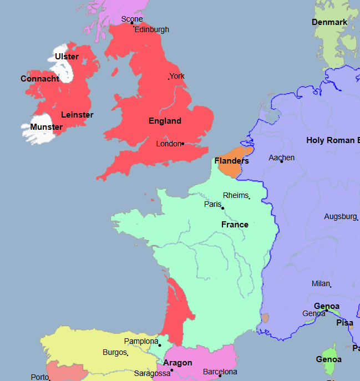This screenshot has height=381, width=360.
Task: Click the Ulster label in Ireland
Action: click(x=67, y=57)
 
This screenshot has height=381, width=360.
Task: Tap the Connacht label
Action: click(x=40, y=79)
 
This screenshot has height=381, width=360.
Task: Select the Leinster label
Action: click(x=77, y=115)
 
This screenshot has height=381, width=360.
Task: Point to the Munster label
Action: click(x=47, y=127)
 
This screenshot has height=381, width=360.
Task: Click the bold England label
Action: click(x=165, y=121)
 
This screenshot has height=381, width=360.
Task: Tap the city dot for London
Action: click(x=182, y=144)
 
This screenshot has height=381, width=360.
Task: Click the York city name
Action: click(x=178, y=76)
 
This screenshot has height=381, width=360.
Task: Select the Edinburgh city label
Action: click(x=151, y=29)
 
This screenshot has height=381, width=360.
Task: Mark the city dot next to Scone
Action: click(x=132, y=23)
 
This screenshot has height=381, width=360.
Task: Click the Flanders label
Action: click(x=231, y=161)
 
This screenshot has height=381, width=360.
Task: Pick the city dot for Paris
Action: click(x=223, y=208)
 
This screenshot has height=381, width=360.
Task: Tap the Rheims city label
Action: click(x=236, y=195)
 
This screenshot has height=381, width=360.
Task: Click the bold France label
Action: click(x=235, y=225)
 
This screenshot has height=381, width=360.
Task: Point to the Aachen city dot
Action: click(x=281, y=161)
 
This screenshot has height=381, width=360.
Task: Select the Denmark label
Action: click(x=329, y=22)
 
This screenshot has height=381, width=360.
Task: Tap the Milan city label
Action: click(x=321, y=283)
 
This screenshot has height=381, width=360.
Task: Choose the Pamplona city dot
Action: click(x=160, y=346)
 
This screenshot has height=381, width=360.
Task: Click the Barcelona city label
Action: click(x=220, y=372)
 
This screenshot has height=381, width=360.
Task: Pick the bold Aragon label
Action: click(x=178, y=363)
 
